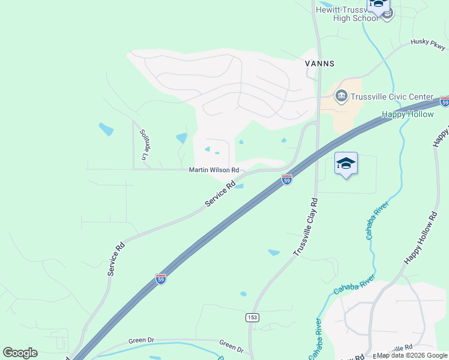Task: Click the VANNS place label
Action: click(320, 63)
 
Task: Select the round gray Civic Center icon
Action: click(342, 96)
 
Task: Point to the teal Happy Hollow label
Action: click(408, 114)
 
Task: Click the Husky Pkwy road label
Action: click(428, 44)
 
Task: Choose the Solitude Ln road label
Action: click(144, 144)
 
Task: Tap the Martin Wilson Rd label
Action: click(214, 170)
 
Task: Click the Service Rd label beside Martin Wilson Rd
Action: click(220, 196)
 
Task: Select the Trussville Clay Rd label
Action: click(306, 227)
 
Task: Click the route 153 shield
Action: click(252, 316)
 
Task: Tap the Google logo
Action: click(20, 353)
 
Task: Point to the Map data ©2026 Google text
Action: click(411, 355)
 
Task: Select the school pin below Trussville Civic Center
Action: click(346, 164)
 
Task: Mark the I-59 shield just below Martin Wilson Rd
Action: click(287, 179)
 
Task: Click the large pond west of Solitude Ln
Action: click(106, 129)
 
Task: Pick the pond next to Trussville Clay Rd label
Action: click(274, 253)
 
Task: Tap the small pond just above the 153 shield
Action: click(243, 294)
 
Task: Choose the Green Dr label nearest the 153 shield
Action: click(231, 346)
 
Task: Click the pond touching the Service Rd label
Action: click(238, 186)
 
